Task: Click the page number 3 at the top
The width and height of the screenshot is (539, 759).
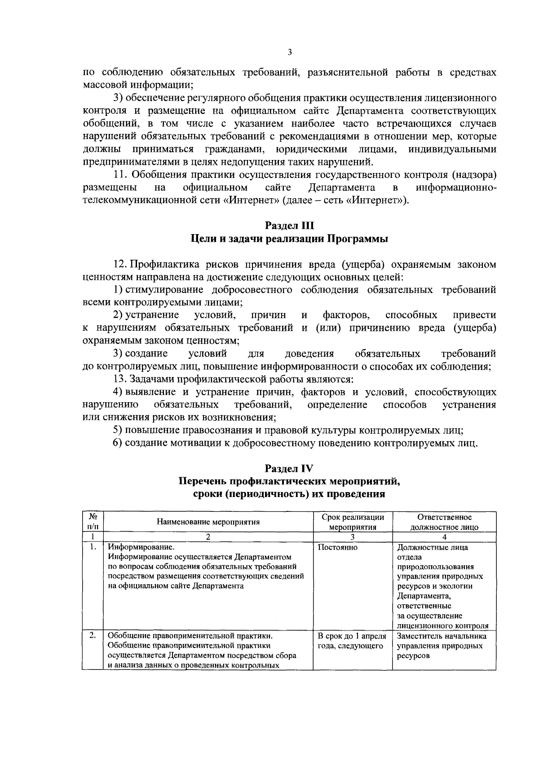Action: pyautogui.click(x=290, y=52)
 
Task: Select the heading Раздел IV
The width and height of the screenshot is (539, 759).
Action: pyautogui.click(x=289, y=468)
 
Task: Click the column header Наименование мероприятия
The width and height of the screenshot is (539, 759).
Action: pyautogui.click(x=208, y=522)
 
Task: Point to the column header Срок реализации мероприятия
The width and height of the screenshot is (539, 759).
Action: pyautogui.click(x=353, y=522)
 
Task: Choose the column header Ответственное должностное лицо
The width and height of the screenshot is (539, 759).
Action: pyautogui.click(x=444, y=522)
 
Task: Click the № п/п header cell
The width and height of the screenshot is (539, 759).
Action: pyautogui.click(x=93, y=522)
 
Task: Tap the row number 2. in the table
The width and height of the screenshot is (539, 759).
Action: pyautogui.click(x=93, y=635)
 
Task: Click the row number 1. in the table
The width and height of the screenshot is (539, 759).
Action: pyautogui.click(x=93, y=547)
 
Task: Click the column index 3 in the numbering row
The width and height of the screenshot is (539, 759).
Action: pyautogui.click(x=353, y=537)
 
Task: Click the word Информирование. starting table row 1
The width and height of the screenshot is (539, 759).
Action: pyautogui.click(x=141, y=547)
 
